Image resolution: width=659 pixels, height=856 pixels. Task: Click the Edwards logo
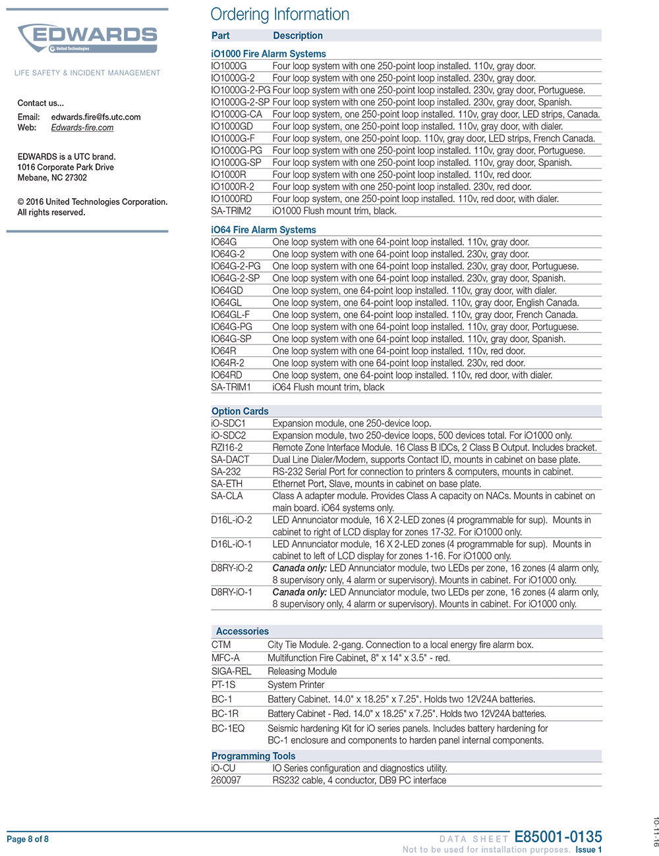pyautogui.click(x=88, y=38)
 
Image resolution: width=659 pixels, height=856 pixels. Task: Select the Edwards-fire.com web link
pyautogui.click(x=82, y=128)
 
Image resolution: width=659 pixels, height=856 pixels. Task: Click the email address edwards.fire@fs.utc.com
pyautogui.click(x=96, y=117)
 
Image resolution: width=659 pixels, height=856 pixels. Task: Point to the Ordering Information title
pyautogui.click(x=279, y=14)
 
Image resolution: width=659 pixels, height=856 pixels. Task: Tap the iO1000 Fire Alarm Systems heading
pyautogui.click(x=268, y=54)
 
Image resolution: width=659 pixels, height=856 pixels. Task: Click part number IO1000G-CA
pyautogui.click(x=237, y=115)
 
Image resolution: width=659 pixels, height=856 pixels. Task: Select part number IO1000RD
pyautogui.click(x=231, y=199)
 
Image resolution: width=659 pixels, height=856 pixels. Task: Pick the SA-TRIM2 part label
pyautogui.click(x=231, y=211)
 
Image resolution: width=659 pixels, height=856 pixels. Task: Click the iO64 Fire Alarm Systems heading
pyautogui.click(x=264, y=230)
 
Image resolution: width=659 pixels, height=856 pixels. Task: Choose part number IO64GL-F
pyautogui.click(x=230, y=315)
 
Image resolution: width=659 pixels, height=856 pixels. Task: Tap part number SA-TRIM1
pyautogui.click(x=231, y=387)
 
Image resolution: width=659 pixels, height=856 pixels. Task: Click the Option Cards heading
pyautogui.click(x=240, y=412)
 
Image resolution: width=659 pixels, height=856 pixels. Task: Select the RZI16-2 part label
pyautogui.click(x=227, y=448)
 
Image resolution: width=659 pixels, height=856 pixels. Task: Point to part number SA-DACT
pyautogui.click(x=230, y=460)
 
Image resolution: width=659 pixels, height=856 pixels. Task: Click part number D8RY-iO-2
pyautogui.click(x=231, y=568)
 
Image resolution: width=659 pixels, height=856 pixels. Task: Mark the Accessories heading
pyautogui.click(x=242, y=631)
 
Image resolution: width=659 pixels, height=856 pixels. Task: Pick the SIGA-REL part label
pyautogui.click(x=231, y=672)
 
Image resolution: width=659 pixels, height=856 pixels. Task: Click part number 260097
pyautogui.click(x=226, y=780)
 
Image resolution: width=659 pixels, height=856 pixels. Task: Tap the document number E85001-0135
pyautogui.click(x=558, y=837)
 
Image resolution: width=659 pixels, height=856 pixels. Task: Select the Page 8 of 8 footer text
pyautogui.click(x=28, y=839)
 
